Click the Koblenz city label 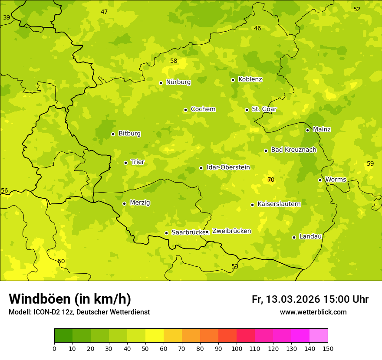[x=250, y=79]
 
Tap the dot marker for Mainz [x=307, y=130]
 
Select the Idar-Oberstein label [x=228, y=167]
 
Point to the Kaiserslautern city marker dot [x=252, y=205]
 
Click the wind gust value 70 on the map [x=271, y=180]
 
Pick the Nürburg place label [x=178, y=82]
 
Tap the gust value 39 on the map [x=7, y=17]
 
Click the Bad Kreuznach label [x=293, y=150]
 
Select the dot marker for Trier [x=125, y=163]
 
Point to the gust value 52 [x=357, y=9]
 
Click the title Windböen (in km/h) [x=70, y=299]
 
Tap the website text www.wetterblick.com [x=313, y=312]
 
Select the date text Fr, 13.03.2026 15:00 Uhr [x=310, y=299]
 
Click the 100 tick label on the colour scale [x=237, y=348]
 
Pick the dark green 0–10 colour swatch [x=63, y=336]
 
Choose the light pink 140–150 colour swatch [x=319, y=336]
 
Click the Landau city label [x=310, y=236]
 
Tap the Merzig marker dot [x=124, y=203]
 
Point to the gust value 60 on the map [x=61, y=261]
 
